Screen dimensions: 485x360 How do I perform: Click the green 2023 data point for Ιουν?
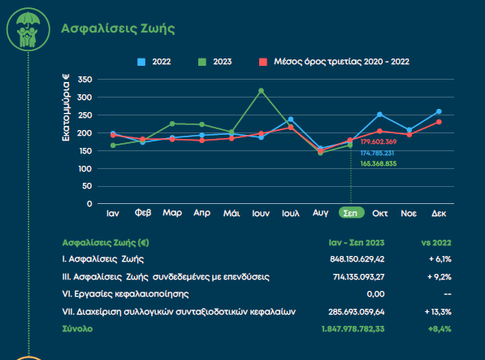pos(261,91)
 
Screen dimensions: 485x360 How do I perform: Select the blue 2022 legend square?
pos(141,62)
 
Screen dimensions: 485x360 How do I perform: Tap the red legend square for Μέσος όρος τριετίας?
pos(263,62)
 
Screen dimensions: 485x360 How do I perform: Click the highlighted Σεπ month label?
pos(352,213)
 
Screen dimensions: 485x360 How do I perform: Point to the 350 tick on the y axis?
pos(85,80)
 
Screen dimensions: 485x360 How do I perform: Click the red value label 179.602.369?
pos(379,141)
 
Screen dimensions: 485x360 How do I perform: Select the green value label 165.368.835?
pos(379,163)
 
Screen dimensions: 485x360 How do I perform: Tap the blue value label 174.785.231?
pos(377,153)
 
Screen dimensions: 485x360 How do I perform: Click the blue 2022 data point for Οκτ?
pos(379,115)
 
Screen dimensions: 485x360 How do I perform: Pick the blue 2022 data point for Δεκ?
pos(439,111)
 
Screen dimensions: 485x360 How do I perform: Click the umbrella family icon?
pos(28,29)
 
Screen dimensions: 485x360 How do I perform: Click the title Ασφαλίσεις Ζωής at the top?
pos(118,28)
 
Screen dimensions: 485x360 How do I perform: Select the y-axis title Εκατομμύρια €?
pos(66,107)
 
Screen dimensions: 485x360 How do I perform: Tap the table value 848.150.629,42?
pos(357,259)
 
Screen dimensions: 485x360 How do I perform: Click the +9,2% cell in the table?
pos(440,277)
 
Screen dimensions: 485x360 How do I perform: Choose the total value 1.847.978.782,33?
pos(353,329)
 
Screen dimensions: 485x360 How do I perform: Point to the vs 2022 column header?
pos(436,243)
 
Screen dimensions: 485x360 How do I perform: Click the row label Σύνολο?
pos(77,329)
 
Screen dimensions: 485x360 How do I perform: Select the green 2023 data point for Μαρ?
pos(172,124)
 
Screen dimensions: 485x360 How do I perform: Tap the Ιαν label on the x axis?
pos(113,214)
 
